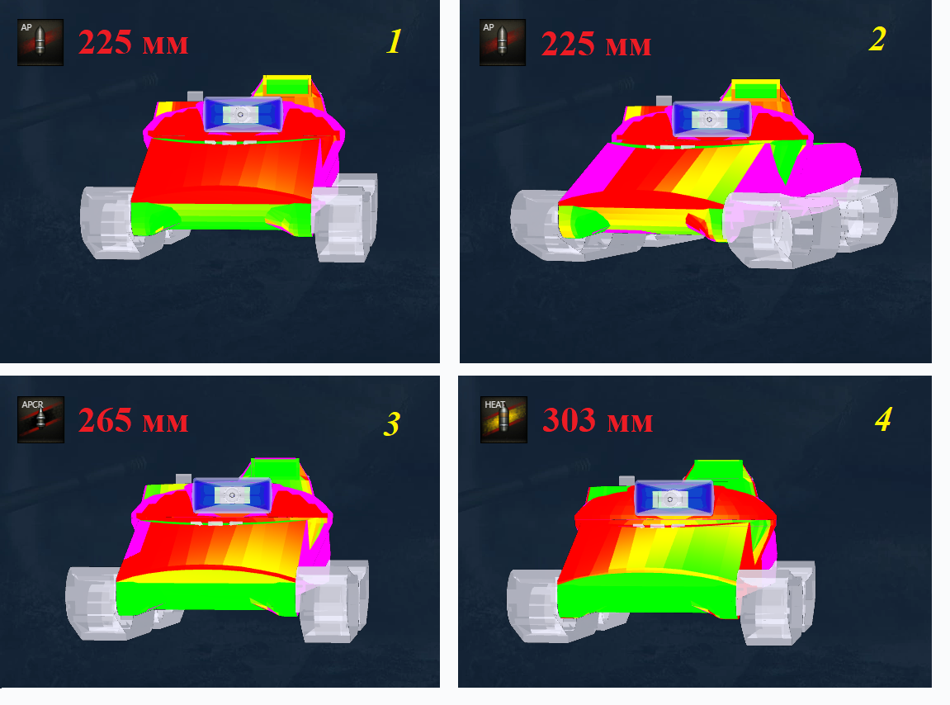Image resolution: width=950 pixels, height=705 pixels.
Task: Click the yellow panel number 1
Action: (395, 41)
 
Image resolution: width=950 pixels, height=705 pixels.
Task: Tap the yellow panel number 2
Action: (877, 40)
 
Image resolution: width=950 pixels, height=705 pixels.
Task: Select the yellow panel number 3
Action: (392, 423)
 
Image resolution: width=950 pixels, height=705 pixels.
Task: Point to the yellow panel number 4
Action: (883, 419)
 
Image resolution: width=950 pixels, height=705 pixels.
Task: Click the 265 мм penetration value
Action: (133, 421)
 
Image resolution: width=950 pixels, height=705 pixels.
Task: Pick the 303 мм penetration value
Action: (598, 420)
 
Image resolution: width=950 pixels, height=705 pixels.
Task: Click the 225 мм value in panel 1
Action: (133, 42)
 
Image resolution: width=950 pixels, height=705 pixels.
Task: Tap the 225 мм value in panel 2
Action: (596, 45)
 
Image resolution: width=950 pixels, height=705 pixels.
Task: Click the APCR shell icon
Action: (40, 419)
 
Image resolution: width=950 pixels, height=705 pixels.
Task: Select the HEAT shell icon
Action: (503, 419)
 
